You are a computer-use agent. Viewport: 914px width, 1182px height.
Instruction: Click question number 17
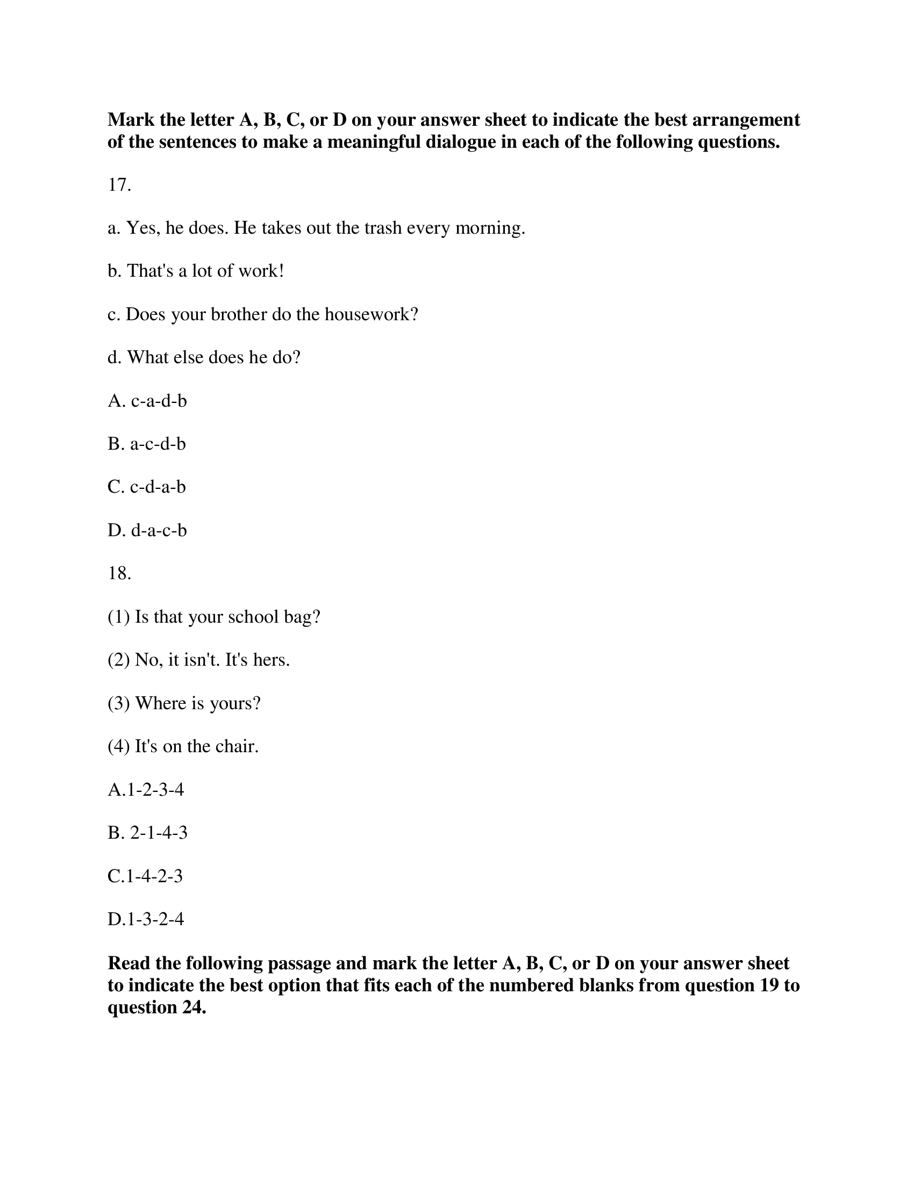click(119, 185)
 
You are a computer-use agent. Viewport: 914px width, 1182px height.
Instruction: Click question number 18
click(119, 573)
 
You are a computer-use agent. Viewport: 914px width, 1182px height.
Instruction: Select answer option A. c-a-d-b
click(147, 401)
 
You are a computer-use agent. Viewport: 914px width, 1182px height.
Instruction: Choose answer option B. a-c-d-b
click(147, 444)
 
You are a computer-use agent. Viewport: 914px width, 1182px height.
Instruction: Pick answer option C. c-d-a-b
click(147, 487)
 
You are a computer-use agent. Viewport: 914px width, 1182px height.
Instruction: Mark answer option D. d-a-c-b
click(147, 530)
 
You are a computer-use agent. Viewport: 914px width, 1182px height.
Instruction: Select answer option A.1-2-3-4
click(146, 790)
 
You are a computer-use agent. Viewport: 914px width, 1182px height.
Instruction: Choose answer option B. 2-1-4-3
click(147, 833)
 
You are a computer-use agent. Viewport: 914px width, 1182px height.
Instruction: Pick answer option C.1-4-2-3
click(145, 876)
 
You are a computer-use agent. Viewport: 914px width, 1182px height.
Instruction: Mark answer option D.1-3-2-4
click(146, 919)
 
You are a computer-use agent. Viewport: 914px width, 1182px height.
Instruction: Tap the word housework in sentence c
click(372, 314)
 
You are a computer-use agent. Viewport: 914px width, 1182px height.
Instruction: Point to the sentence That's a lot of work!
click(196, 271)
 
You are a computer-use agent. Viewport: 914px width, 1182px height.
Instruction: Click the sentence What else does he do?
click(204, 358)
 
